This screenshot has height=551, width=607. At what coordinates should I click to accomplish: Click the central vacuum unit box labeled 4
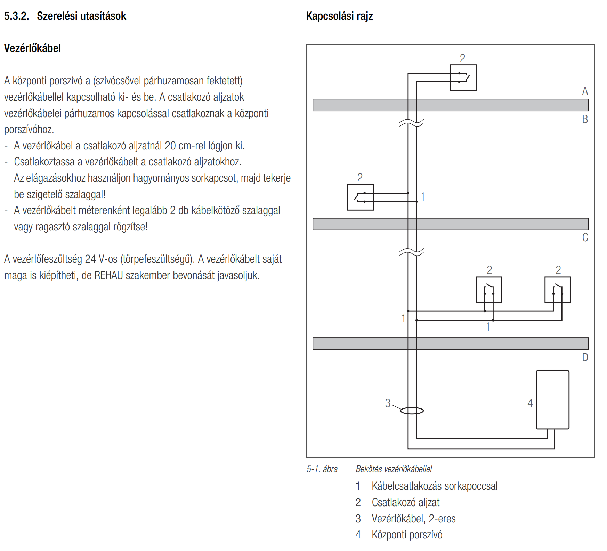(x=552, y=399)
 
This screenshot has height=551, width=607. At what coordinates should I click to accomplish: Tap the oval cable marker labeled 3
(x=412, y=411)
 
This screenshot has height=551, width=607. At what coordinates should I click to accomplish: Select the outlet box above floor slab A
(x=463, y=78)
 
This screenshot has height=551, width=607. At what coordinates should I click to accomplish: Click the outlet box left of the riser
(x=360, y=197)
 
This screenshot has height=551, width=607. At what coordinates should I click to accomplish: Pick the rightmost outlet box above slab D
(x=557, y=290)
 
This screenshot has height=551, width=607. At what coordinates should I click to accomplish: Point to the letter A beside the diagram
(x=585, y=91)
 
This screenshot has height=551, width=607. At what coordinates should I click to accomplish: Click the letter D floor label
(x=585, y=357)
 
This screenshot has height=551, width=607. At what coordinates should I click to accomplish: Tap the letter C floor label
(x=585, y=237)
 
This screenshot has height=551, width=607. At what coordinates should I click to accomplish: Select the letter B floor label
(x=585, y=119)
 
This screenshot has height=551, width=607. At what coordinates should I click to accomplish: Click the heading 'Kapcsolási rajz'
(x=339, y=16)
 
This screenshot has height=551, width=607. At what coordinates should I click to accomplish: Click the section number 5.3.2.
(x=16, y=16)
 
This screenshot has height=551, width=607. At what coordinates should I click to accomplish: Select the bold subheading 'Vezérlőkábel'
(x=32, y=48)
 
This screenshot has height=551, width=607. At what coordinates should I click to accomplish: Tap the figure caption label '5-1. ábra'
(x=322, y=469)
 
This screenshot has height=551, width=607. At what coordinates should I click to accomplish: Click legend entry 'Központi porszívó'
(x=407, y=535)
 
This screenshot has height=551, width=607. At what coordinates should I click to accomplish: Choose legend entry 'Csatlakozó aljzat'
(x=405, y=502)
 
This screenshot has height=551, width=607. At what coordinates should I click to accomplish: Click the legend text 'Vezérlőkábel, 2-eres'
(x=413, y=519)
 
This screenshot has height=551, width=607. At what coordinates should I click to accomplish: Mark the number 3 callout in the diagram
(x=388, y=403)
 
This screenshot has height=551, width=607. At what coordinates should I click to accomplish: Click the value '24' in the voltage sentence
(x=90, y=259)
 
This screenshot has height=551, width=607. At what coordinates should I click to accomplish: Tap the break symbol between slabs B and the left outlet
(x=412, y=123)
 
